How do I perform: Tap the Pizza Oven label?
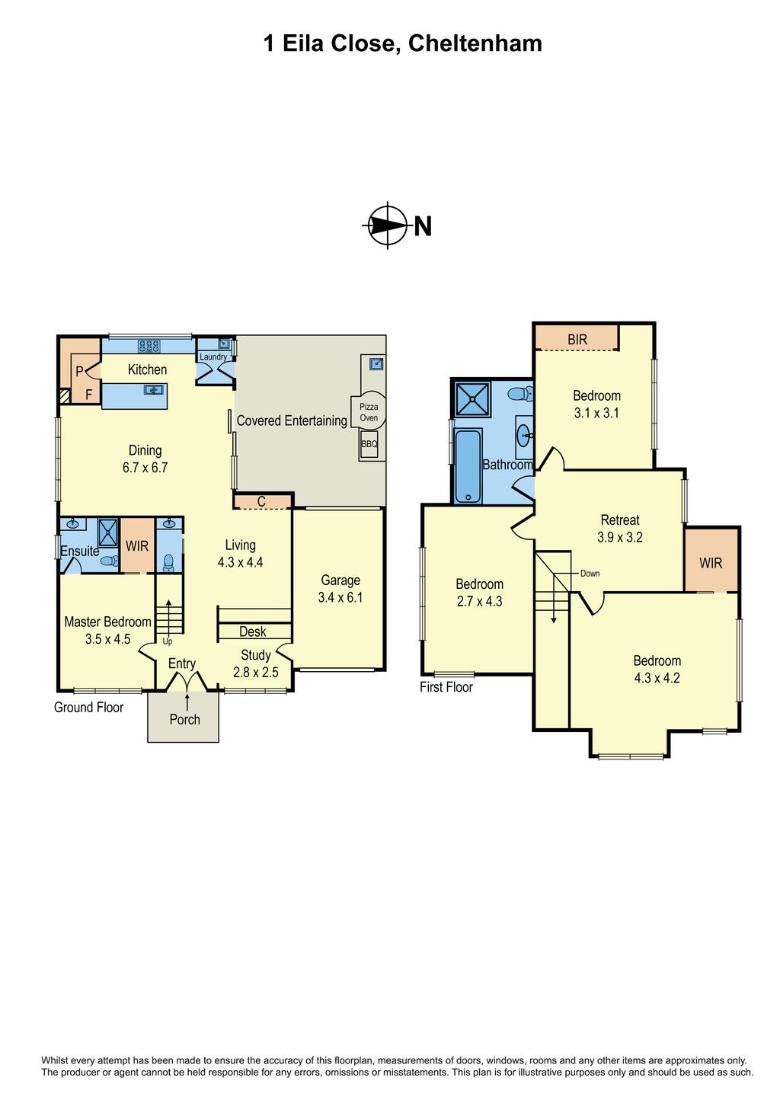[x=369, y=412]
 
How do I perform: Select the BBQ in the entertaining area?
[x=369, y=443]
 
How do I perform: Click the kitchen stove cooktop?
[x=149, y=346]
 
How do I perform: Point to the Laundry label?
[x=213, y=356]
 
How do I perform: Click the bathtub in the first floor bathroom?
[x=468, y=465]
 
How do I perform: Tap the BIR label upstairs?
[x=577, y=339]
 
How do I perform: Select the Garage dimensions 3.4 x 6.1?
[x=340, y=598]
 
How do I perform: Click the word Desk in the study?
[x=253, y=631]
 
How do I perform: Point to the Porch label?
[x=184, y=719]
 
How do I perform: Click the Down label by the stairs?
[x=590, y=573]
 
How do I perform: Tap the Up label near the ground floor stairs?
[x=168, y=641]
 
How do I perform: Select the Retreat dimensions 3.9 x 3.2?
[x=620, y=537]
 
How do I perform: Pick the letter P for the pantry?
[x=79, y=372]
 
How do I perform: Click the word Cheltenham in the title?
[x=475, y=43]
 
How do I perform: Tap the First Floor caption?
[x=446, y=687]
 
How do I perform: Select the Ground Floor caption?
[x=88, y=707]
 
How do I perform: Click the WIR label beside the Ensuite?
[x=137, y=546]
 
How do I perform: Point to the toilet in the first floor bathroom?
[x=522, y=394]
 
